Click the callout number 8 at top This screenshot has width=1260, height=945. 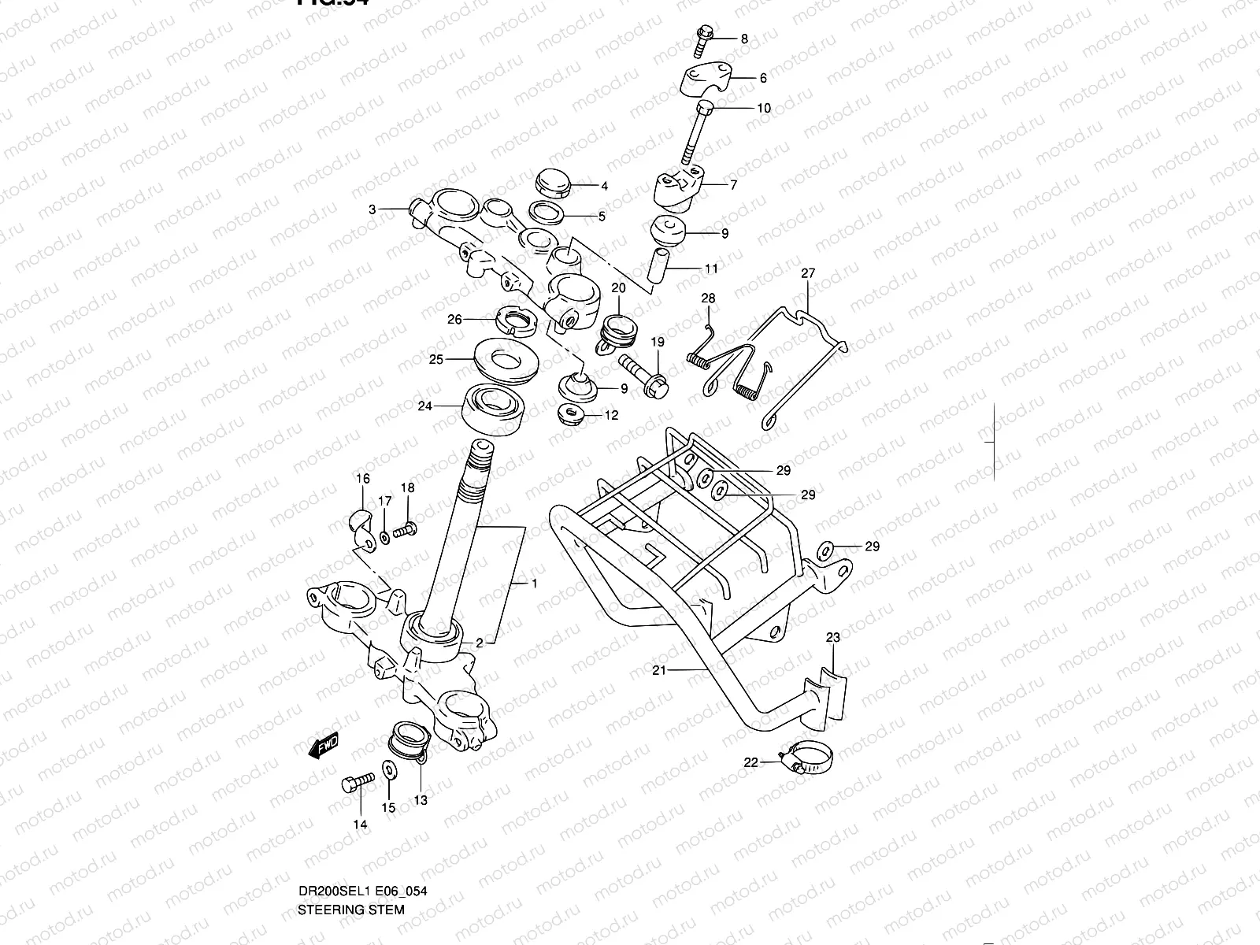pyautogui.click(x=743, y=38)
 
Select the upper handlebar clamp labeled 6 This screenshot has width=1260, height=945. pyautogui.click(x=706, y=80)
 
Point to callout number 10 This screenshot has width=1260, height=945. pyautogui.click(x=764, y=109)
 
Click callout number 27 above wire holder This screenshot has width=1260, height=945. pyautogui.click(x=808, y=274)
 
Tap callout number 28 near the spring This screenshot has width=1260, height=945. pyautogui.click(x=708, y=298)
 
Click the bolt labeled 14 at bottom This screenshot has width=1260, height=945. pyautogui.click(x=355, y=785)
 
